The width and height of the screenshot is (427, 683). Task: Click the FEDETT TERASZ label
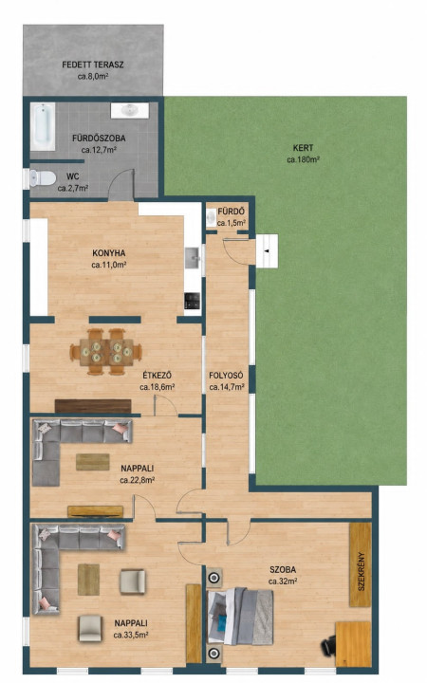tap(93, 65)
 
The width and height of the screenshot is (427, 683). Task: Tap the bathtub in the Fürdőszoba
tap(43, 127)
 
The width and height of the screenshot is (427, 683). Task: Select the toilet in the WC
tap(41, 178)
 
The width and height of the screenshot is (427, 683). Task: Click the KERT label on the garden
tap(304, 148)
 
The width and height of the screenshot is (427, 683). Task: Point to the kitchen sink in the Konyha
tap(192, 258)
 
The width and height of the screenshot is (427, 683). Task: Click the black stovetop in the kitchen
tap(192, 300)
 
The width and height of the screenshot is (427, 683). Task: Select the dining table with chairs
tap(105, 352)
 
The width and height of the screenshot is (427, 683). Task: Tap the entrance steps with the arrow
tap(267, 251)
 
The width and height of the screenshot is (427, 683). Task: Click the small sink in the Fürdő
tap(211, 216)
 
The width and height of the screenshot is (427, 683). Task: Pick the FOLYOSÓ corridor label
tap(226, 376)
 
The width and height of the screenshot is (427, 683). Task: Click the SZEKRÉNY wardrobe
tap(361, 564)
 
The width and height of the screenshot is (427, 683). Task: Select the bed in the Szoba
tap(240, 616)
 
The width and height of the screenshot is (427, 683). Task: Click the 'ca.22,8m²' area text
tap(138, 480)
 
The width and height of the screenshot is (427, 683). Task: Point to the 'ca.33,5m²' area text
tap(131, 635)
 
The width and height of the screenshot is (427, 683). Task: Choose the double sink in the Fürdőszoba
tap(130, 110)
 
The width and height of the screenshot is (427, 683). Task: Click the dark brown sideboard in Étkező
tap(93, 406)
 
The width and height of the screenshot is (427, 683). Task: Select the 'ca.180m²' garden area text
tap(304, 160)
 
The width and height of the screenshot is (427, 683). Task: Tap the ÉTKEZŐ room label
tap(158, 375)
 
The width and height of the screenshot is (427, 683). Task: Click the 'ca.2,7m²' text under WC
tap(73, 188)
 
